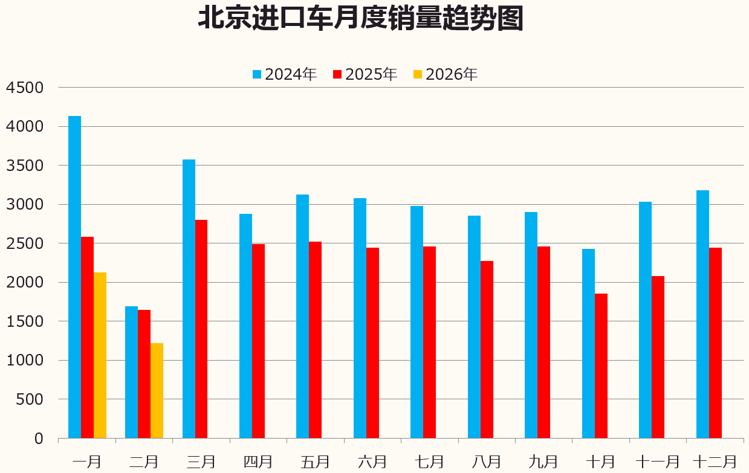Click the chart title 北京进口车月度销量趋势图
[360, 19]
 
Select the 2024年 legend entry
[285, 74]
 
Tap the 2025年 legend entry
[365, 74]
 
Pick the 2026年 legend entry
[446, 74]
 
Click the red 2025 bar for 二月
[144, 374]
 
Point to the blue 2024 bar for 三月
[189, 298]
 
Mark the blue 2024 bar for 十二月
[702, 314]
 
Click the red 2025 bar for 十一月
[658, 357]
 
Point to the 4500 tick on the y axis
[25, 88]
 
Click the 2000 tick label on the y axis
[25, 283]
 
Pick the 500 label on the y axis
[30, 399]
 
